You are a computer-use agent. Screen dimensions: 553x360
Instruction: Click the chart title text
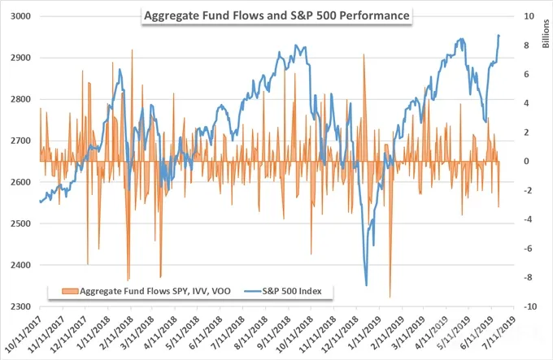(276, 16)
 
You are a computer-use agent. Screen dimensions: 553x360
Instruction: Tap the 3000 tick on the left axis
(20, 16)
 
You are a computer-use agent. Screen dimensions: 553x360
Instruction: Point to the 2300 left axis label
(20, 306)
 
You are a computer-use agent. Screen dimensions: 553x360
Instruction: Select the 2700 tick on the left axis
(20, 141)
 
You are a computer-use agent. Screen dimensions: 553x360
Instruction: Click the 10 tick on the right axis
(529, 16)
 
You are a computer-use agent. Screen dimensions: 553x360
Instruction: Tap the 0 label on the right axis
(526, 162)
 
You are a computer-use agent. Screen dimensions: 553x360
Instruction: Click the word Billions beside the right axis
(546, 34)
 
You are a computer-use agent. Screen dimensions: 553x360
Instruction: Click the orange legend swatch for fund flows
(70, 291)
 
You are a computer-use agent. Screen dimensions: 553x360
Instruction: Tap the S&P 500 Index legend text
(292, 291)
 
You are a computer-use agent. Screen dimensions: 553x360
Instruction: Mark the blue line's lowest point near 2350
(367, 285)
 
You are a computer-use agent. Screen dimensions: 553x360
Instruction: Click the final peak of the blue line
(499, 35)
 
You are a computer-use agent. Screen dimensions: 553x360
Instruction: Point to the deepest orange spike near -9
(390, 297)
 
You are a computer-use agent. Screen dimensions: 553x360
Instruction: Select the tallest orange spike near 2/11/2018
(133, 50)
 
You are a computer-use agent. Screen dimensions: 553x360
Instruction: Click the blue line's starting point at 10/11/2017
(40, 202)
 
